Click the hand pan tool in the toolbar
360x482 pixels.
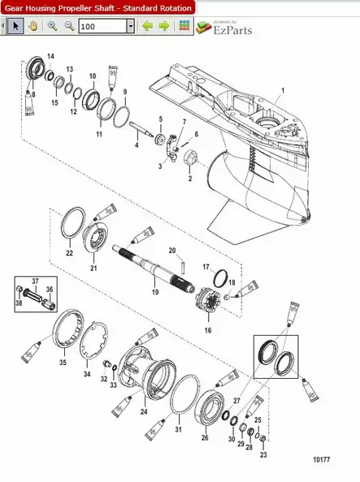pos(33,26)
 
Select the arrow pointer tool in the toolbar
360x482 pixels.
pos(15,26)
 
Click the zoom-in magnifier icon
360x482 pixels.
pos(52,26)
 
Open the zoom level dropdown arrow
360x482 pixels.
pos(131,26)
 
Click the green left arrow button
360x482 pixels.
pos(147,26)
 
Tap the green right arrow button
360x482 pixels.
pos(163,26)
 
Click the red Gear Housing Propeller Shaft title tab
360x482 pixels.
pos(98,7)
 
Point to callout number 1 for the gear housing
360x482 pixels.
pos(283,89)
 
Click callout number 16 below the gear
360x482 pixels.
pos(207,331)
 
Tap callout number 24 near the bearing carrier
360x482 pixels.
pos(144,412)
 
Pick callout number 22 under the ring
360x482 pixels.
pos(69,254)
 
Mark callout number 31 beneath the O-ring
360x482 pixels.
pos(179,429)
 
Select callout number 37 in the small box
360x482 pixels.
pos(36,281)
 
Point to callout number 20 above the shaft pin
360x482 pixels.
pos(172,250)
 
